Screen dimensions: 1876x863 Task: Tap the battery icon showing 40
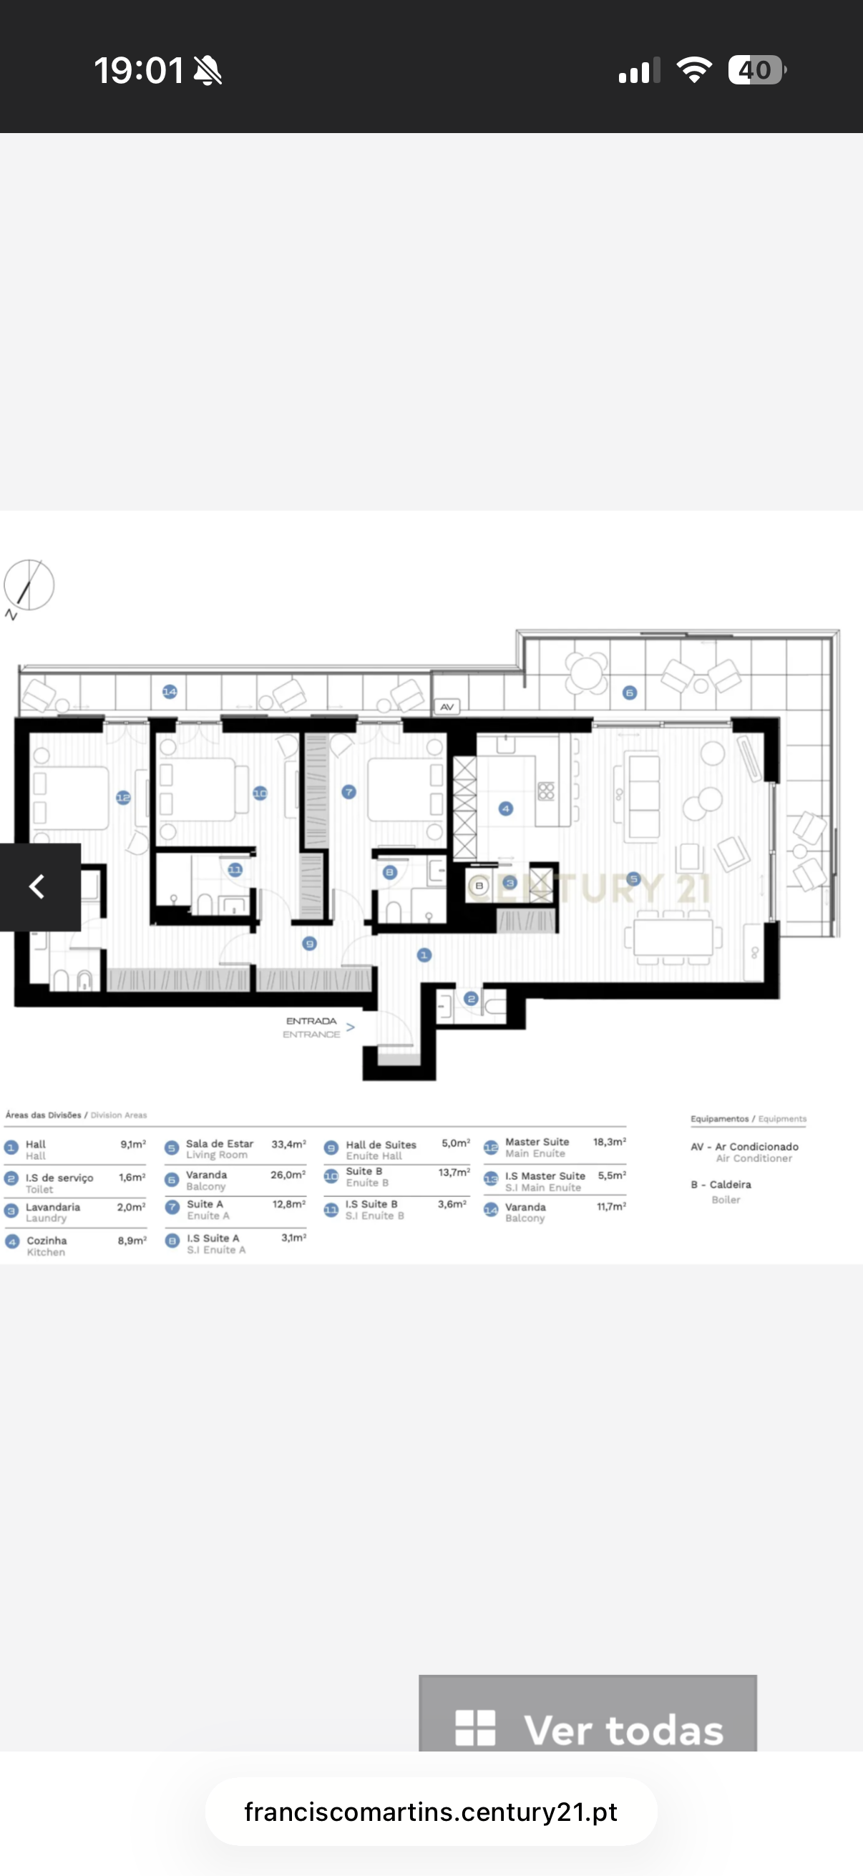[756, 70]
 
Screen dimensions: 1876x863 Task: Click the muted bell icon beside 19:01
[208, 71]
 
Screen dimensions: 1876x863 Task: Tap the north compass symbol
[29, 585]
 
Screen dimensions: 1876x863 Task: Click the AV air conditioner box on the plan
[447, 706]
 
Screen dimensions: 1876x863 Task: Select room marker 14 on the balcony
[170, 691]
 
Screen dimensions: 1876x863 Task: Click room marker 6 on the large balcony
[630, 693]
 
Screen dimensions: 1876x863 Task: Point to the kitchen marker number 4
[505, 808]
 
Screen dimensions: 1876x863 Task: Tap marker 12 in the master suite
[123, 798]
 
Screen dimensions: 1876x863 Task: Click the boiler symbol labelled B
[479, 886]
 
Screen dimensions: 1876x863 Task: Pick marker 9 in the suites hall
[310, 944]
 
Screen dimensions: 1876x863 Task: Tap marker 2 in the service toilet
[470, 998]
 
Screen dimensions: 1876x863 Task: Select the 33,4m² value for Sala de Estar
[288, 1144]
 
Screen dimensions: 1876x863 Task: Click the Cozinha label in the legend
[47, 1240]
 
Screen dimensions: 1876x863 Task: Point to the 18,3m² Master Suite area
[609, 1142]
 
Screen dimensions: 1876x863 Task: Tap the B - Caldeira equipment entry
[721, 1185]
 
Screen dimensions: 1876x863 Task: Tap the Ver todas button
[587, 1729]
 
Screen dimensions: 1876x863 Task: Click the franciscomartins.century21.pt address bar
[430, 1811]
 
